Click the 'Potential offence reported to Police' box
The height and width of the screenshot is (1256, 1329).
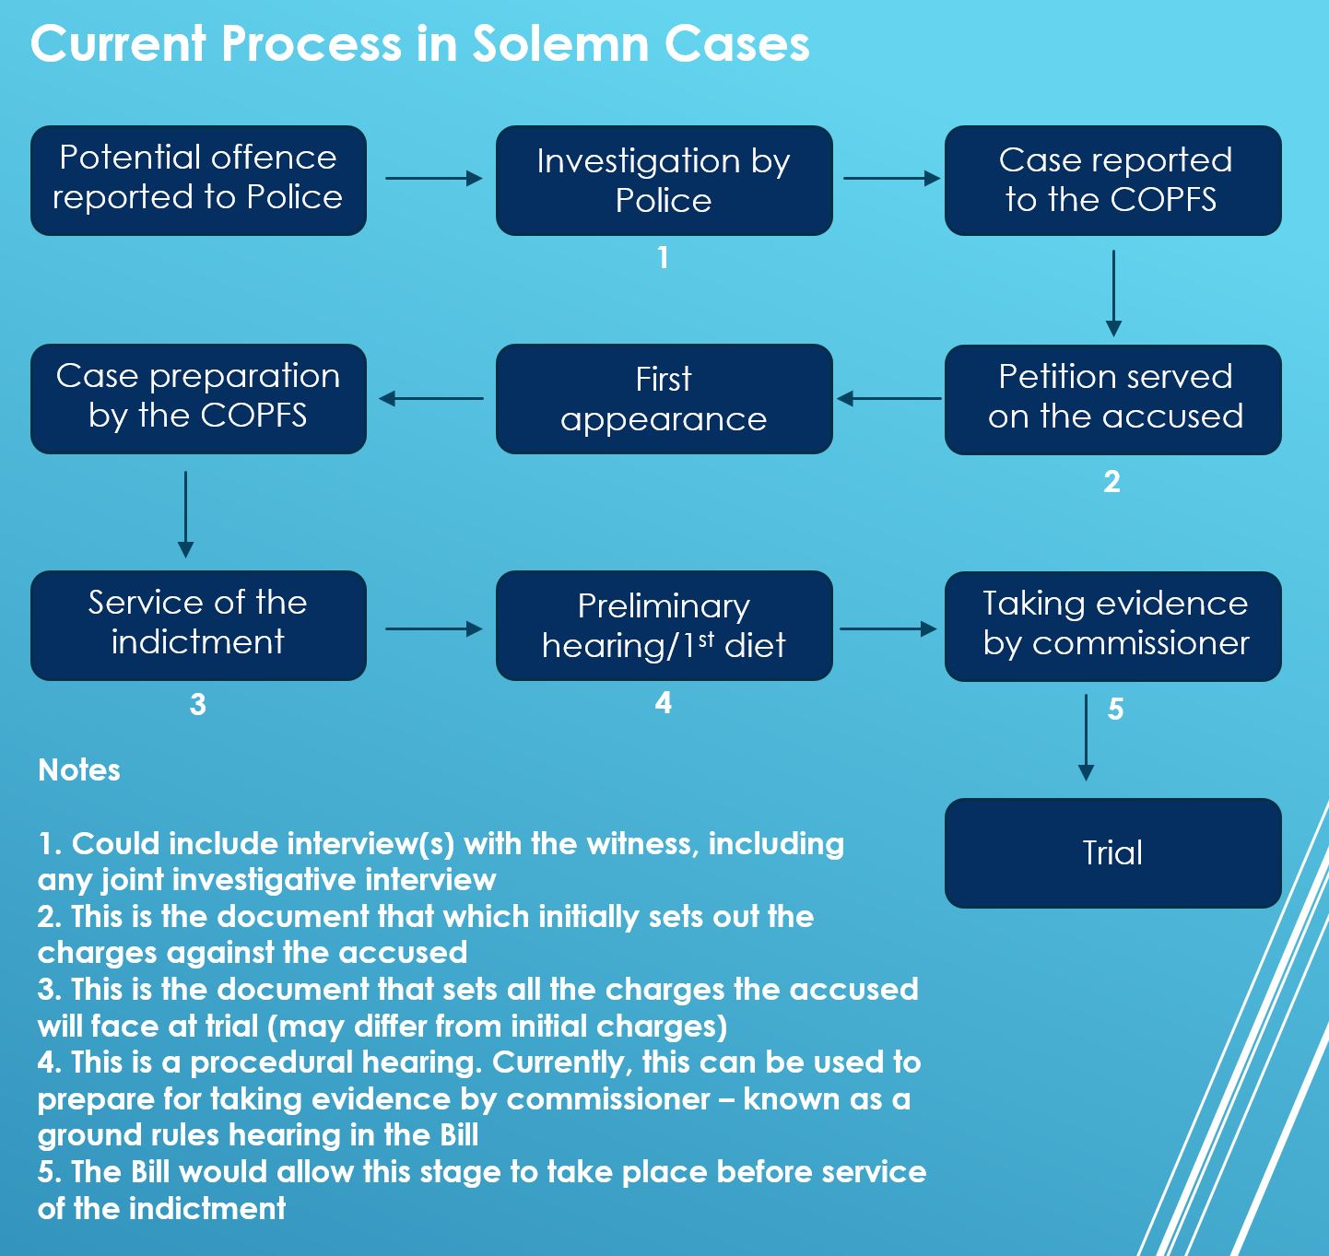click(198, 180)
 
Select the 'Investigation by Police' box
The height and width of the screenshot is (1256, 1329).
click(664, 180)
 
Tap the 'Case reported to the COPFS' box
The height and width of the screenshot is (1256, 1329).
click(1112, 180)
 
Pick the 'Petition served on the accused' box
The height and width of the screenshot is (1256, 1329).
click(1112, 398)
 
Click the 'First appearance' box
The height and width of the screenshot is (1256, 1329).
click(664, 398)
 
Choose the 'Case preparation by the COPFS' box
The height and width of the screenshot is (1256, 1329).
click(198, 398)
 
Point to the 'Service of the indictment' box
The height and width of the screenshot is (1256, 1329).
click(198, 625)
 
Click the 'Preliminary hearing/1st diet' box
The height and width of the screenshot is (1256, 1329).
click(664, 625)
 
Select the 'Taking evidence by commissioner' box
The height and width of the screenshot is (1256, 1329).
click(1112, 625)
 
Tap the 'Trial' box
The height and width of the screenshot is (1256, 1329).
click(1112, 852)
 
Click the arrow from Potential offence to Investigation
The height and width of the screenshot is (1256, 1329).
click(433, 178)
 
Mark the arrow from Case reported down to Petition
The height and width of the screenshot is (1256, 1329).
click(1113, 292)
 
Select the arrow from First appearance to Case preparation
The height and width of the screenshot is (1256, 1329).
click(431, 398)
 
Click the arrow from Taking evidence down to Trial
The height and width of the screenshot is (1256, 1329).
click(1086, 737)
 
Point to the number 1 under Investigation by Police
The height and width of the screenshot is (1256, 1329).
click(663, 257)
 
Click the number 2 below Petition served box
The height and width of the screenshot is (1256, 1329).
click(1111, 481)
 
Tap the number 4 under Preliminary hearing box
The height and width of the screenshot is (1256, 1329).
click(663, 703)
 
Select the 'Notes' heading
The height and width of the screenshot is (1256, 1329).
click(79, 769)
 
